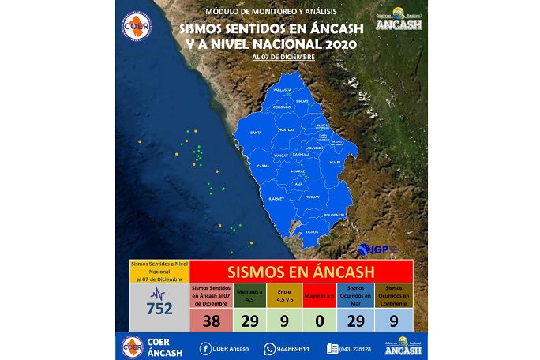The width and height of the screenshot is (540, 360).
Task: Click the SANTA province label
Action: pyautogui.click(x=256, y=133)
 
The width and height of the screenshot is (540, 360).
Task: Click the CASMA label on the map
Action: pyautogui.click(x=263, y=166)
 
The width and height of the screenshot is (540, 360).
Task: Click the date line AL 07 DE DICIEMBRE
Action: pyautogui.click(x=284, y=58)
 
